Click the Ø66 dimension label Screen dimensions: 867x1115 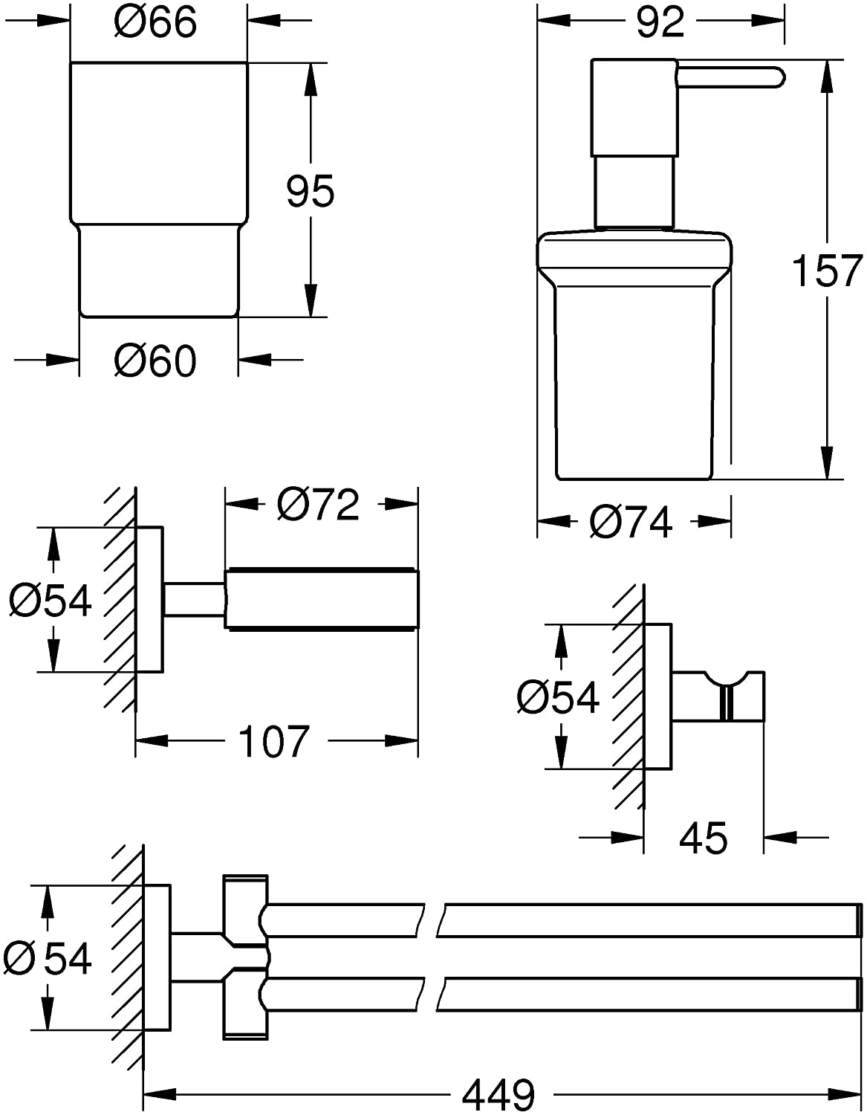pos(155,22)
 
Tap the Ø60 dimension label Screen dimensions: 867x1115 pos(155,361)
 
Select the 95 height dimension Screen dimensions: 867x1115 pos(311,191)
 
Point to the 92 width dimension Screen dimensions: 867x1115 pos(660,22)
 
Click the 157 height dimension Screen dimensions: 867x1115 pos(826,271)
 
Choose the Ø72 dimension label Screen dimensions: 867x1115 pos(318,505)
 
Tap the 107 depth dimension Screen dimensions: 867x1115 pos(274,741)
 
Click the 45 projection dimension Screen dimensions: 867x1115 pos(703,838)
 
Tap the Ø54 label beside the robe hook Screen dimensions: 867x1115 pos(558,697)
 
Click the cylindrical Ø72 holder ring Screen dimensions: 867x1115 pos(322,599)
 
